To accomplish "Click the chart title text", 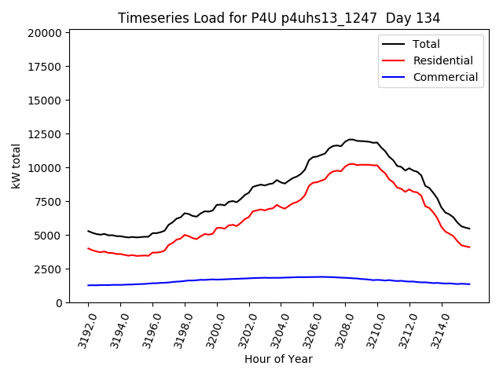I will click(x=279, y=17).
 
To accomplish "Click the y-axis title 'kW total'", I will click(x=17, y=166).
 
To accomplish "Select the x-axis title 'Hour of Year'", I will click(x=278, y=359).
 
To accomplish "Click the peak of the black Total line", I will click(x=351, y=139).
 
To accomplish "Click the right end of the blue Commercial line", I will click(x=469, y=284).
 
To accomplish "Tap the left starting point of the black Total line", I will click(x=88, y=231).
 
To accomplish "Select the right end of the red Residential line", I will click(x=469, y=247).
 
